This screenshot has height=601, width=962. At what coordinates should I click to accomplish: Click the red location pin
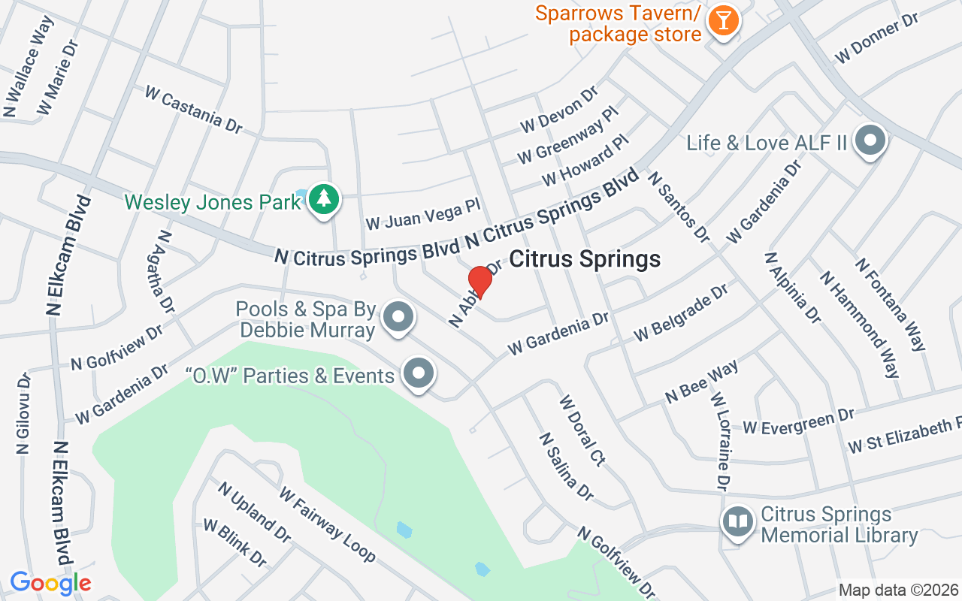tap(479, 282)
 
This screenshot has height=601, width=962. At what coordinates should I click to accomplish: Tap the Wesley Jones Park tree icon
tap(324, 199)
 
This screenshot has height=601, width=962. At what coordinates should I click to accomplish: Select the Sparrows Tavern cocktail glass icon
tap(723, 21)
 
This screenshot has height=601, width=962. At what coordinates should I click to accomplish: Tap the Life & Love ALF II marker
tap(872, 140)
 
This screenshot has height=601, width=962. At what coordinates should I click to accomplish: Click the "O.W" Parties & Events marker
tap(419, 373)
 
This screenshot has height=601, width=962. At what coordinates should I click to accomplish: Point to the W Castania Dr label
tap(193, 110)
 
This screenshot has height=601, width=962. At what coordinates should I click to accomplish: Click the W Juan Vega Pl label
tap(422, 213)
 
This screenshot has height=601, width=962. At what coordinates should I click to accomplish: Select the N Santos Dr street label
tap(679, 207)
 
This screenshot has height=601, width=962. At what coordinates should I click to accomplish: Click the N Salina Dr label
tap(566, 467)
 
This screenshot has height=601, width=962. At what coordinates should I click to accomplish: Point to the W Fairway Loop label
tap(327, 524)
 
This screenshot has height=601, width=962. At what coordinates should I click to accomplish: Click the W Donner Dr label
tap(877, 38)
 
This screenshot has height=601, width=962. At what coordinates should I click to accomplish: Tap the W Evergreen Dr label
tap(798, 422)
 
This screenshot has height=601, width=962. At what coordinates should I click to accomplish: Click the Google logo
tap(50, 582)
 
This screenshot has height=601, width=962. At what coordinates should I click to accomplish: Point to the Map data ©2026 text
tap(898, 590)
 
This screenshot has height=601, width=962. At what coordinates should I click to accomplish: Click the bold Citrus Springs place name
tap(585, 259)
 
